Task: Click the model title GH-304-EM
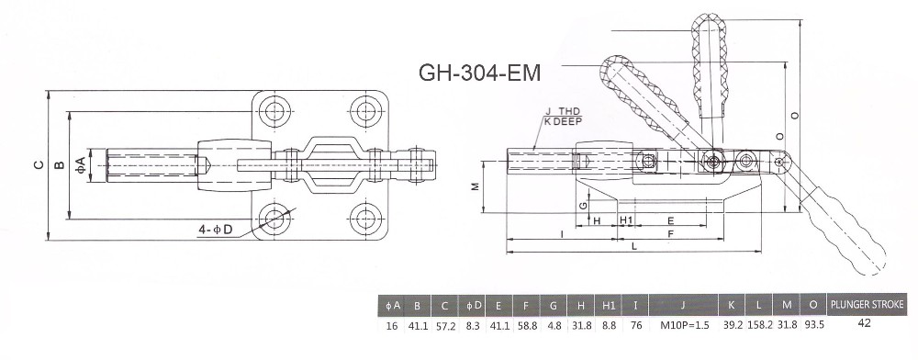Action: [479, 73]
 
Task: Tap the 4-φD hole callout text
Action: [216, 230]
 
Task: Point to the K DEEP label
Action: [563, 122]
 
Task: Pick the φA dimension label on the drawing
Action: [82, 164]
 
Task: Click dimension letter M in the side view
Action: [476, 186]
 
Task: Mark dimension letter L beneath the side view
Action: [634, 246]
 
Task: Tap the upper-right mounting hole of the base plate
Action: [366, 110]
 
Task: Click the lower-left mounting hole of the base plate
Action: [274, 219]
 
